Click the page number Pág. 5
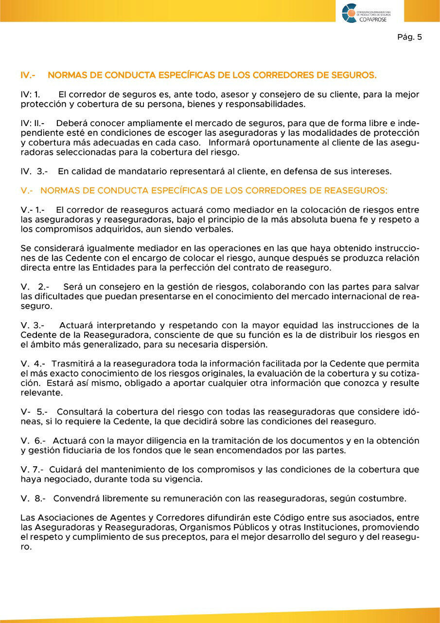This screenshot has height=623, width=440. (409, 37)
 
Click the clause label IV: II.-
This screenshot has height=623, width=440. (33, 123)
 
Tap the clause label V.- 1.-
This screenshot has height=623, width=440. (33, 210)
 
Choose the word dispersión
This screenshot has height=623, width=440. (243, 345)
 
